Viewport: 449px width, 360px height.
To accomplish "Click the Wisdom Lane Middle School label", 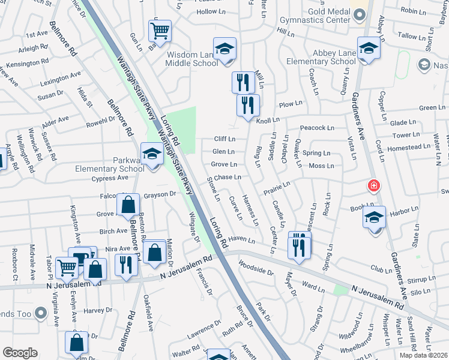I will [192, 59].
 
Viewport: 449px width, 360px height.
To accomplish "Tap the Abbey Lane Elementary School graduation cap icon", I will [368, 48].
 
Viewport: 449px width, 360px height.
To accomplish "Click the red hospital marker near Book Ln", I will [374, 186].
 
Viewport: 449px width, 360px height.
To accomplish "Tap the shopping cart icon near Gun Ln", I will [160, 30].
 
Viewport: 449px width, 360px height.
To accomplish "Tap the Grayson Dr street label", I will [159, 194].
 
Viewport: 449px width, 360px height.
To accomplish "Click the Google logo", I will [20, 353].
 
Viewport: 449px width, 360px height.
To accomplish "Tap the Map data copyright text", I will [423, 355].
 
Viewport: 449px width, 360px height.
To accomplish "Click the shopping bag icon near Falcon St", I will [129, 205].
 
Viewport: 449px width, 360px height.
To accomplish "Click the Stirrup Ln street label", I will [420, 279].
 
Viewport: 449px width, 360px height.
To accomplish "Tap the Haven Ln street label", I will [242, 240].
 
